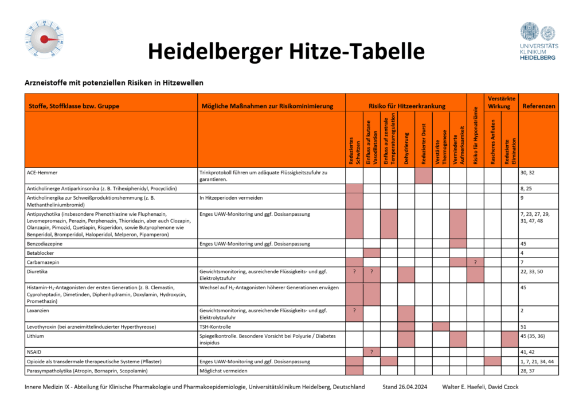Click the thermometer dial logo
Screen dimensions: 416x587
point(44,40)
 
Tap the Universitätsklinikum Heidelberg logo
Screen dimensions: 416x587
point(537,41)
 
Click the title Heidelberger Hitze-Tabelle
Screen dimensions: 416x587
point(286,51)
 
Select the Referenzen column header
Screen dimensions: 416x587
point(538,106)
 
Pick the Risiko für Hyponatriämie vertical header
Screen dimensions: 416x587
point(475,137)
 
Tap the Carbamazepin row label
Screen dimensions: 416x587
point(46,262)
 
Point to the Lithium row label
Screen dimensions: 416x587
point(37,336)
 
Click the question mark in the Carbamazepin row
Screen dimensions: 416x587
point(475,262)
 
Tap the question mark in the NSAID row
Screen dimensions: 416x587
point(371,351)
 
